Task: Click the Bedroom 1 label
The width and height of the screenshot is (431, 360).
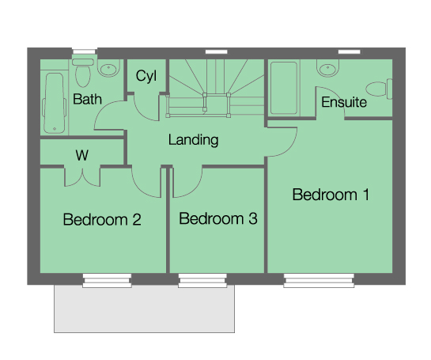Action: (x=331, y=195)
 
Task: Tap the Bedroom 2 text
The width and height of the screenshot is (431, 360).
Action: (x=102, y=219)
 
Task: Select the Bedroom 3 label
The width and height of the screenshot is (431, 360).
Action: (x=218, y=219)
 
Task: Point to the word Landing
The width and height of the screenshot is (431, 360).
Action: (x=193, y=141)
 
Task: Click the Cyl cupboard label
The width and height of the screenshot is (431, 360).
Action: (x=146, y=77)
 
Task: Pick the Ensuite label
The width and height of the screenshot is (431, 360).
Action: (x=344, y=103)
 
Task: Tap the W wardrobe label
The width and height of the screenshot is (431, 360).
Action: (x=81, y=155)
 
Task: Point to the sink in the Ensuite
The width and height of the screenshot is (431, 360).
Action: (x=326, y=69)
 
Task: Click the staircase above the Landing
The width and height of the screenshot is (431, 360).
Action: (x=216, y=88)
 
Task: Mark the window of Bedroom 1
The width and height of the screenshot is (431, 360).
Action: (x=319, y=279)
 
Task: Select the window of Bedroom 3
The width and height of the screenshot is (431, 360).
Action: (x=202, y=279)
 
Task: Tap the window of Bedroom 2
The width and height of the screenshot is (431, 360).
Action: (x=107, y=279)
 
